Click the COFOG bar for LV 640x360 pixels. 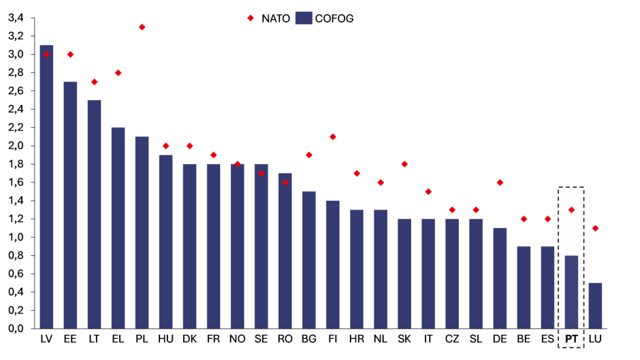(x=46, y=187)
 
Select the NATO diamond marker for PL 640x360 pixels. (x=142, y=27)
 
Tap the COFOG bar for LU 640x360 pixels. (x=595, y=306)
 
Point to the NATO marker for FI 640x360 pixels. (x=332, y=137)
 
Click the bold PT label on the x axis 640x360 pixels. (x=571, y=339)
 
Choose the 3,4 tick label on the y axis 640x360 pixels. (x=16, y=18)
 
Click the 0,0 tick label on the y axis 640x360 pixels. (x=16, y=329)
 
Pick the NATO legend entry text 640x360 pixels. (x=276, y=18)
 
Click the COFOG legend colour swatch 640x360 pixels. (x=303, y=18)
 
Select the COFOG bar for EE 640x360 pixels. (x=70, y=205)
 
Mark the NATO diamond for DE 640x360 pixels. (x=500, y=182)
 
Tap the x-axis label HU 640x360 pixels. (x=165, y=339)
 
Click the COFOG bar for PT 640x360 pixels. (x=571, y=292)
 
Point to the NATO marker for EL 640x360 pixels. (x=118, y=73)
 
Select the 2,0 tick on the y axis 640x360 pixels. (x=16, y=146)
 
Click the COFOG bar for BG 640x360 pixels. (x=308, y=260)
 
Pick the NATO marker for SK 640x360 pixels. (x=404, y=164)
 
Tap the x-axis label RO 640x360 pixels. (x=285, y=339)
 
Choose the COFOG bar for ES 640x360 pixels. (x=547, y=287)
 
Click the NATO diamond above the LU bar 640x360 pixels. (x=595, y=228)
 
